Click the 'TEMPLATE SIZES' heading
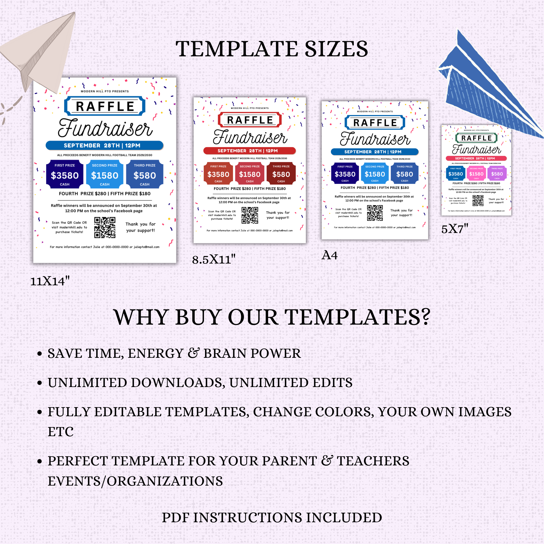click(272, 49)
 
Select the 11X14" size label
click(50, 281)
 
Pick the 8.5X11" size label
click(214, 259)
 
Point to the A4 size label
click(329, 255)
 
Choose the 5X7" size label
click(454, 229)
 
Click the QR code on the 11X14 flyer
click(105, 228)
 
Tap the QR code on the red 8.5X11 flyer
click(250, 215)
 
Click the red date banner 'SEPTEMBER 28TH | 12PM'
click(249, 151)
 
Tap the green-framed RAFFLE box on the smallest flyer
click(476, 138)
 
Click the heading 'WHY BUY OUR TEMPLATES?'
click(272, 317)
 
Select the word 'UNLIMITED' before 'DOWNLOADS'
click(87, 383)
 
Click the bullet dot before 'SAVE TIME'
click(40, 354)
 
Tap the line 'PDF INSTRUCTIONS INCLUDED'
click(272, 517)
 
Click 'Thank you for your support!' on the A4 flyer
click(401, 213)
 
